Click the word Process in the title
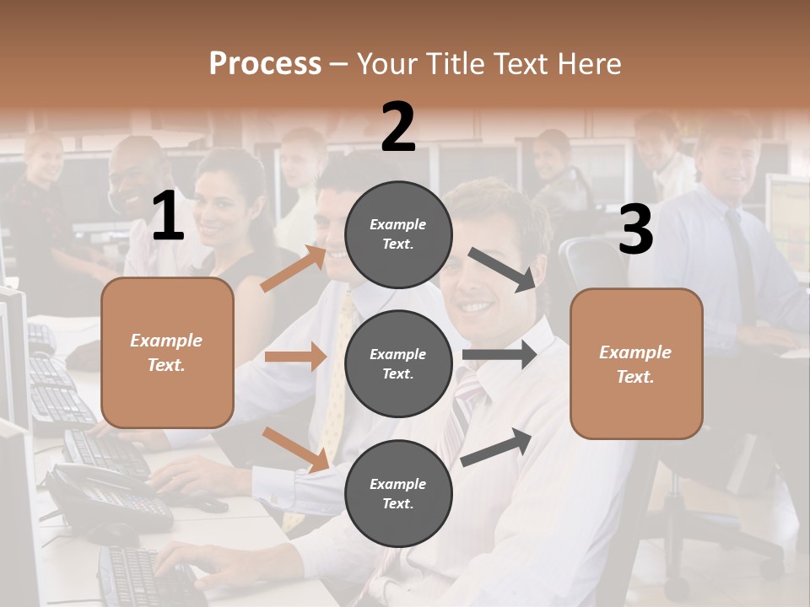pyautogui.click(x=265, y=64)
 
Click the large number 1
pyautogui.click(x=168, y=216)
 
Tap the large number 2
pyautogui.click(x=398, y=127)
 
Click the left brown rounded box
pyautogui.click(x=167, y=352)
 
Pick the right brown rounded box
pyautogui.click(x=636, y=363)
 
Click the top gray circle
pyautogui.click(x=398, y=234)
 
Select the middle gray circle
pyautogui.click(x=398, y=363)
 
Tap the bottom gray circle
pyautogui.click(x=398, y=493)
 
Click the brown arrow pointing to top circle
pyautogui.click(x=294, y=268)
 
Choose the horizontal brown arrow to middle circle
pyautogui.click(x=295, y=357)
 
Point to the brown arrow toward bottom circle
pyautogui.click(x=295, y=449)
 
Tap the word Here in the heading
pyautogui.click(x=587, y=64)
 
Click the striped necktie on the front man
pyautogui.click(x=462, y=413)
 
